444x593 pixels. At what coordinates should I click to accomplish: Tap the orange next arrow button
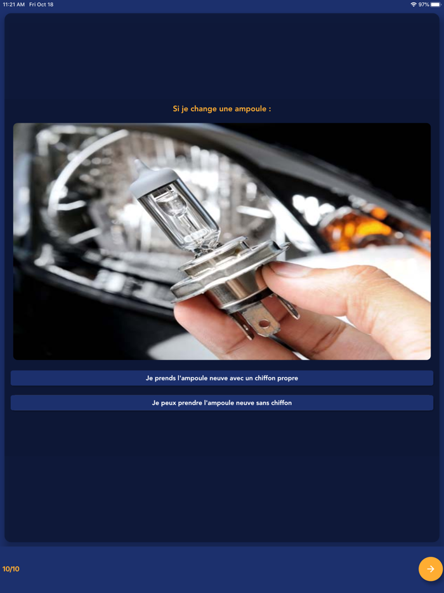coord(431,569)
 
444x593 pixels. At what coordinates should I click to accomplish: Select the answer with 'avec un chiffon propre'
coord(222,378)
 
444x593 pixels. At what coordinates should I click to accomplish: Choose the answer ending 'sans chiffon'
coord(222,403)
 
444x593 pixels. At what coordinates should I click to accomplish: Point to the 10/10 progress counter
coord(11,569)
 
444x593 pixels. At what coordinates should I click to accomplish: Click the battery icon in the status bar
coord(436,4)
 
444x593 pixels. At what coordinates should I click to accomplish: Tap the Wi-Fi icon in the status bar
coord(414,4)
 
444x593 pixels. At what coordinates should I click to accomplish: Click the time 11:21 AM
coord(13,4)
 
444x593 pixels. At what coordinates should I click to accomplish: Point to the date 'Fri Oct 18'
coord(41,4)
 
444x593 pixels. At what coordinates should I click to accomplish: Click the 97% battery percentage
coord(424,4)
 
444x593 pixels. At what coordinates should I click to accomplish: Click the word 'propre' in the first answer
coord(288,378)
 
